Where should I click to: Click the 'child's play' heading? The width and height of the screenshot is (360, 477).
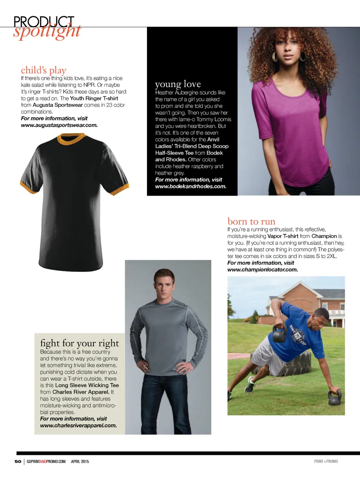pos(44,70)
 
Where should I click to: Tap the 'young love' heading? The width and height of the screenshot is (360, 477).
pos(178,84)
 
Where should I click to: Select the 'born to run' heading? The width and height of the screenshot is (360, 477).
pos(251,221)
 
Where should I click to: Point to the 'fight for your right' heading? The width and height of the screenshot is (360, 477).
pos(79,343)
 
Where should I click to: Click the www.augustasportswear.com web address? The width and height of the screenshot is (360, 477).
pos(59,125)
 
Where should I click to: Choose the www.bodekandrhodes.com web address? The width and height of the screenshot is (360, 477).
pos(191,186)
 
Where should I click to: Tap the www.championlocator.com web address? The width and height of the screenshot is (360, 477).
pos(262,269)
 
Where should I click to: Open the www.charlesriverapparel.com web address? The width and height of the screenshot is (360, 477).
pos(78,425)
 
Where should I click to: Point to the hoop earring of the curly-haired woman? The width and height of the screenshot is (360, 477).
pos(275,57)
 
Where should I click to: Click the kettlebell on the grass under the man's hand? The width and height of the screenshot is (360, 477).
pos(334,398)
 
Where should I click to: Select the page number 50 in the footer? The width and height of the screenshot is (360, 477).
pos(18,461)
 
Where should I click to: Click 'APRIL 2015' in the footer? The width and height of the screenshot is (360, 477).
pos(80,461)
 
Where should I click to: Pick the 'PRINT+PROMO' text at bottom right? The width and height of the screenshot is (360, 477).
pos(326,461)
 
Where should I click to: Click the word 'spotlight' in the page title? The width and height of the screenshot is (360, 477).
pos(47,31)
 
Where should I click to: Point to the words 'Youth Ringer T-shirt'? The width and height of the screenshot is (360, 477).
pos(94,98)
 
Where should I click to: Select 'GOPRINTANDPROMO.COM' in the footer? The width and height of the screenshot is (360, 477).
pos(46,461)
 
